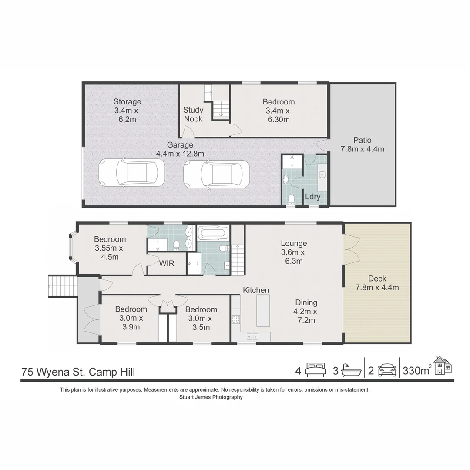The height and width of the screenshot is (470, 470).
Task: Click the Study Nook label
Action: pos(193,114)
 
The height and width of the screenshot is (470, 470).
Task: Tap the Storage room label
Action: pos(127,102)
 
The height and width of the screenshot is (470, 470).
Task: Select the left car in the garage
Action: pos(132,173)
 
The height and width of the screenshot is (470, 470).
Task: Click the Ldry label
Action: pos(312,197)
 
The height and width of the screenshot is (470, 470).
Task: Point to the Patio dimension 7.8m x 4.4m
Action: pos(362,149)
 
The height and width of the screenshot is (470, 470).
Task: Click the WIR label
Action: pos(166,264)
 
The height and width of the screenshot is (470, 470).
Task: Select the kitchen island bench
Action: pos(263,310)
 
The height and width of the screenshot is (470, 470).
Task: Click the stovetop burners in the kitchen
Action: pos(235,319)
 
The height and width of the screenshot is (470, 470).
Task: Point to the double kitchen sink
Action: pos(252,336)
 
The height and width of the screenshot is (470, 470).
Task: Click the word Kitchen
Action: pos(256,290)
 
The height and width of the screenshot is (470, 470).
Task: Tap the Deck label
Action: pos(377,279)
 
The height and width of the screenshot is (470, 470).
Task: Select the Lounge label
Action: pos(294,244)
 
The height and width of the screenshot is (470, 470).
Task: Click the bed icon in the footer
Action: pos(315,370)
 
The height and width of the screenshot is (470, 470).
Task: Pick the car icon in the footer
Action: pos(387,370)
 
